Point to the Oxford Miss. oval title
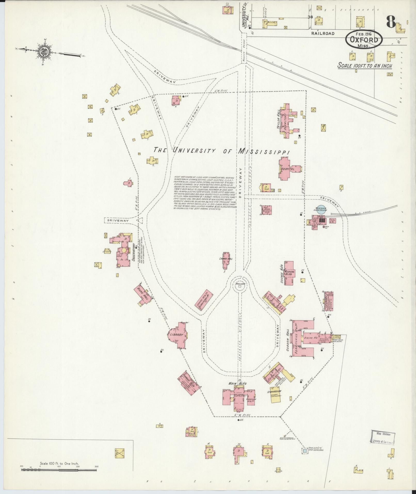pyautogui.click(x=364, y=40)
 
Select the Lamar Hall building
pyautogui.click(x=227, y=261)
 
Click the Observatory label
pyautogui.click(x=134, y=252)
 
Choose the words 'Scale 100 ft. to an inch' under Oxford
pyautogui.click(x=365, y=66)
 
